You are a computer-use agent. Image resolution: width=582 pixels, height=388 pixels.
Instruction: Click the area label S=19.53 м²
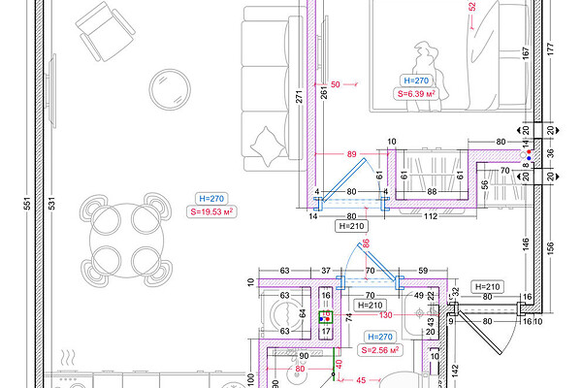(x=211, y=212)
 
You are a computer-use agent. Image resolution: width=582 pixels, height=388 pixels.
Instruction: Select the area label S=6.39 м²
(x=416, y=93)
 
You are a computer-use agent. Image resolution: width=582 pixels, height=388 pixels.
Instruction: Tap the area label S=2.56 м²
(x=380, y=350)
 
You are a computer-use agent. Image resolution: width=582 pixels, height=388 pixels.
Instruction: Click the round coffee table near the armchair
(x=170, y=89)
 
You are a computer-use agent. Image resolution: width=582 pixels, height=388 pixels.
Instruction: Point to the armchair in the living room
(x=106, y=31)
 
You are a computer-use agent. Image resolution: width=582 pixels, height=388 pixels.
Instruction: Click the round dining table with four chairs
(x=126, y=240)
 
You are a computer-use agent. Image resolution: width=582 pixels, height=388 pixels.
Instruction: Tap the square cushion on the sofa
(x=268, y=145)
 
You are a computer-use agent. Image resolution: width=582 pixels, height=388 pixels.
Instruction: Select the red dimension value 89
(x=351, y=154)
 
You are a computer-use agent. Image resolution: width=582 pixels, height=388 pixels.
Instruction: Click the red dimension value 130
(x=386, y=315)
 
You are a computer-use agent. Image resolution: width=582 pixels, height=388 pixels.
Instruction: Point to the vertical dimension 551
(x=27, y=204)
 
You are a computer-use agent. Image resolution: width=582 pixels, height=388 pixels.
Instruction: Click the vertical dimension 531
(x=51, y=204)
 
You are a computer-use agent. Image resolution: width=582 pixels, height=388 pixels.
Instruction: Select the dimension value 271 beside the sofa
(x=299, y=96)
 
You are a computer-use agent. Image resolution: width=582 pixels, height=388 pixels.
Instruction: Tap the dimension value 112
(x=431, y=216)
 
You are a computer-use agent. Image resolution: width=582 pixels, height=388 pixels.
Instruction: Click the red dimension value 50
(x=336, y=84)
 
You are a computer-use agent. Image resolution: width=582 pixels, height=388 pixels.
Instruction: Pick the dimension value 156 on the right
(x=550, y=248)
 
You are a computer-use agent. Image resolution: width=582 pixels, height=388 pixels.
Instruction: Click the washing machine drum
(x=285, y=314)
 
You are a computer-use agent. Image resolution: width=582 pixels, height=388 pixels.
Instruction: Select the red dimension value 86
(x=366, y=243)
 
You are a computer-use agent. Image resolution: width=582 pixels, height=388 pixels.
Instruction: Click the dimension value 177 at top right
(x=550, y=49)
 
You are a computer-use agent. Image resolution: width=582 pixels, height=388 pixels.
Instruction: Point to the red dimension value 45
(x=361, y=380)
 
